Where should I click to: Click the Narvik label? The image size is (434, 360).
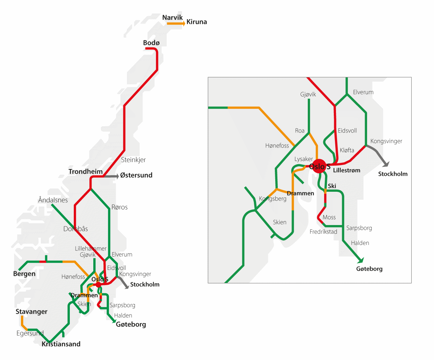click(x=173, y=17)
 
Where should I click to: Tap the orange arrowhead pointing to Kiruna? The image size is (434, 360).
click(x=184, y=23)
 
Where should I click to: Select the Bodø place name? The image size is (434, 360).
click(x=151, y=43)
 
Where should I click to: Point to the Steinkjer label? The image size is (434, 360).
click(x=133, y=160)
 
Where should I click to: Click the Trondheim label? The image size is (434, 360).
click(x=86, y=171)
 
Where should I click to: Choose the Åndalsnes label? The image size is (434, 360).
click(x=53, y=200)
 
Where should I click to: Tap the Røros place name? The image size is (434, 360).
click(x=120, y=207)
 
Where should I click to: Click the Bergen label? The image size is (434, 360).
click(x=24, y=274)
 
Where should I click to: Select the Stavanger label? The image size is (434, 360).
click(x=31, y=312)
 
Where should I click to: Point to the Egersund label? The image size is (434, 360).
click(x=30, y=333)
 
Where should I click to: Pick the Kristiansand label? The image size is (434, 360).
click(x=61, y=344)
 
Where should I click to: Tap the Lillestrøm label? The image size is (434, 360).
click(x=347, y=170)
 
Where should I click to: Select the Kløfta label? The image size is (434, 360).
click(x=347, y=150)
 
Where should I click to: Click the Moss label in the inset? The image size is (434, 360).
click(x=329, y=217)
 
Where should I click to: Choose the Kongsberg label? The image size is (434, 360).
click(x=273, y=199)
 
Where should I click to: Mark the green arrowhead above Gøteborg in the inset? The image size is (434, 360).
click(x=360, y=260)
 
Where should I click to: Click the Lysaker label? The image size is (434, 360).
click(x=303, y=159)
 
